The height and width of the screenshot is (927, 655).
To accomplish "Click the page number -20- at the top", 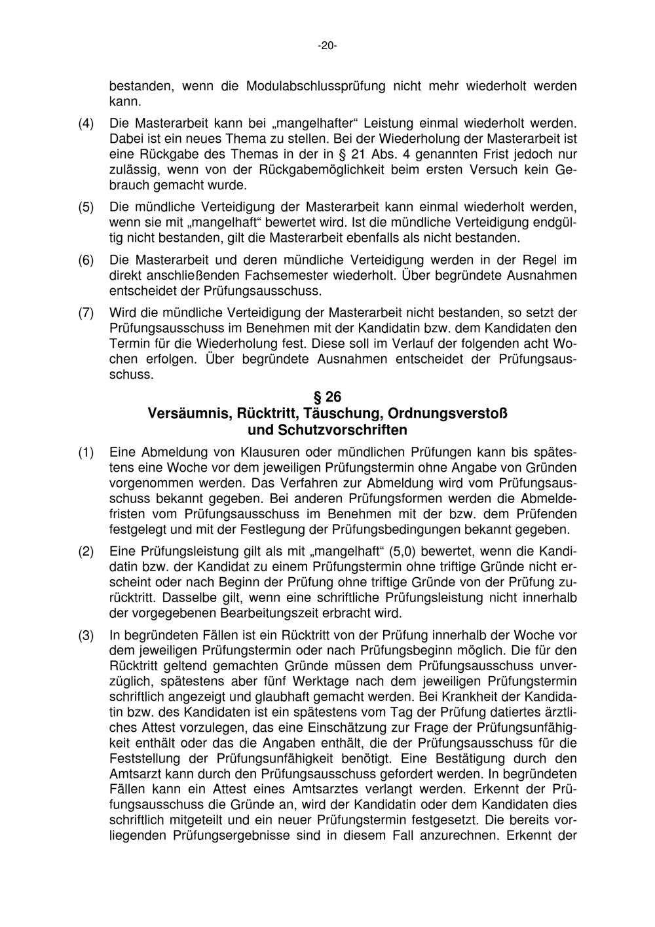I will coord(327,46).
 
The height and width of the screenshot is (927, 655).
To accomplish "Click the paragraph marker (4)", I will coord(86,123).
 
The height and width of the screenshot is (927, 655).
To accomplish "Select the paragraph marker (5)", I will coord(86,206).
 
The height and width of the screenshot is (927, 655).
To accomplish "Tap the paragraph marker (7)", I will coord(86,312).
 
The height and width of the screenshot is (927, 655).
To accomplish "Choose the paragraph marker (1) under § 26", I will coord(86,453).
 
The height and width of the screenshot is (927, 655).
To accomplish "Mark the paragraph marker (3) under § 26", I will coord(86,635).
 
